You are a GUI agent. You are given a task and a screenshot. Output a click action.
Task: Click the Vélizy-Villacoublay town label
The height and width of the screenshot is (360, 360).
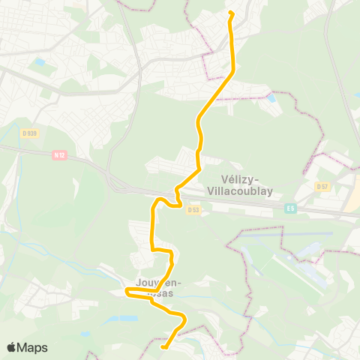pyautogui.click(x=251, y=184)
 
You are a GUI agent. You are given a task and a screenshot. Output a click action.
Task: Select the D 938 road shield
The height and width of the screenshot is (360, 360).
pyautogui.click(x=29, y=133)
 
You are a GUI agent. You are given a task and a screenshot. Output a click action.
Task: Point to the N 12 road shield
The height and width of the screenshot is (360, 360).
pyautogui.click(x=61, y=156)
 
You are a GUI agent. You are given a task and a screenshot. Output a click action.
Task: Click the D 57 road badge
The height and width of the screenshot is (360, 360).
pyautogui.click(x=322, y=186)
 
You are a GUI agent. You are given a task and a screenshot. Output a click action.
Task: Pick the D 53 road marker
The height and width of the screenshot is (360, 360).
pyautogui.click(x=193, y=210)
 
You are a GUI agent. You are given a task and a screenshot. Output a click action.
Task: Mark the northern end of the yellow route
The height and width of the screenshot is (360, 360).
pyautogui.click(x=230, y=12)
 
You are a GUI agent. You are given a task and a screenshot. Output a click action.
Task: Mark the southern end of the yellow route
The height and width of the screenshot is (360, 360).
pyautogui.click(x=163, y=347)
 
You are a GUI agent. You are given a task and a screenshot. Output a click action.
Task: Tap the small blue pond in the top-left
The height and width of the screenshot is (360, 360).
pyautogui.click(x=39, y=62)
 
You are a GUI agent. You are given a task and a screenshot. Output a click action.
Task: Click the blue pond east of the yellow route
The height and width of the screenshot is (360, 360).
pyautogui.click(x=271, y=98)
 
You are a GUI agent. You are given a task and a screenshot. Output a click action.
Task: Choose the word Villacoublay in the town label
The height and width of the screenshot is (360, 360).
pyautogui.click(x=251, y=190)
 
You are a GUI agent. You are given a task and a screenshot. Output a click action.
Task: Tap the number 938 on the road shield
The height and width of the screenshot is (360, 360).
pyautogui.click(x=31, y=133)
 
